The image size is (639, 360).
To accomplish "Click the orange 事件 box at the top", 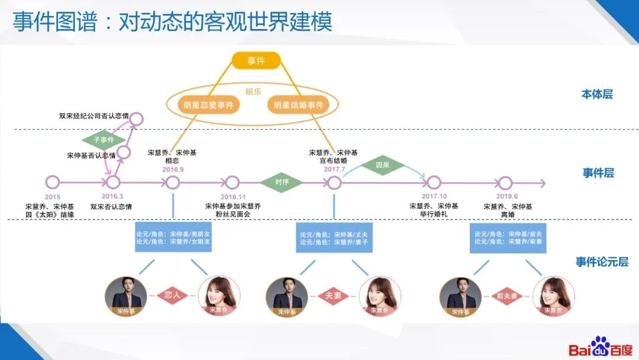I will (x=256, y=60).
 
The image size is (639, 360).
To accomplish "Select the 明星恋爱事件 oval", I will (x=208, y=105).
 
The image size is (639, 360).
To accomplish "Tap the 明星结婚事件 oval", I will (x=298, y=105).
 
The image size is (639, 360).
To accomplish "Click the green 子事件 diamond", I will (x=104, y=140).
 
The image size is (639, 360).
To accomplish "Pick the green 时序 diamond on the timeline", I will (x=281, y=182).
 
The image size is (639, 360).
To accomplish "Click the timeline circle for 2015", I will (x=52, y=182).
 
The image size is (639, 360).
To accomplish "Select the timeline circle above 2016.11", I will (x=233, y=182).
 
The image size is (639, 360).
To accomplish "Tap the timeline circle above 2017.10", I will (x=434, y=182).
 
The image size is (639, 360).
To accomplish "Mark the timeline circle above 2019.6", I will (x=505, y=182).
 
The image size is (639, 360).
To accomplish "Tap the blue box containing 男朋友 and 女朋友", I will (x=173, y=237).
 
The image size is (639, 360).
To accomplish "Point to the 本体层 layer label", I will (x=597, y=94).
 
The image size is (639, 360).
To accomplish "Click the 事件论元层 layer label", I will (x=602, y=262).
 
